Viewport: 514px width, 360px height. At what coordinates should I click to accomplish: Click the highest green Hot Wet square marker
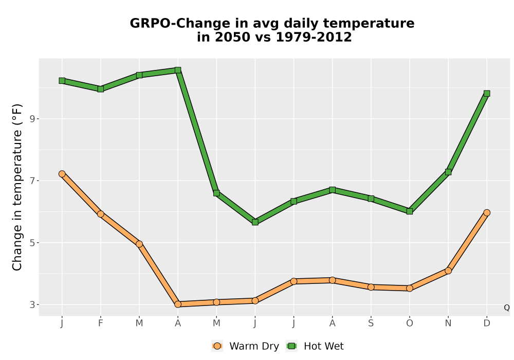[x=178, y=70]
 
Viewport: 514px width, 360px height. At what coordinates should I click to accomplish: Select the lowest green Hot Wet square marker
[x=255, y=222]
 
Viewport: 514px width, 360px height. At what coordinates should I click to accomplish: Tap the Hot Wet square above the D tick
[x=487, y=94]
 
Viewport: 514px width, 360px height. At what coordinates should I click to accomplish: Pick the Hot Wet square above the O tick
[x=410, y=211]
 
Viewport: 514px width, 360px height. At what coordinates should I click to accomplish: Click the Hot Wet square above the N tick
[x=448, y=172]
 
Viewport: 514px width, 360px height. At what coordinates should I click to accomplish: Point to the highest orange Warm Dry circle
[x=62, y=174]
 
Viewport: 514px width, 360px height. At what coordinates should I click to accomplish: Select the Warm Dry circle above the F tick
[x=101, y=214]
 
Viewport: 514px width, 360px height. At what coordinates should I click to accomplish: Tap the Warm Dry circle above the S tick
[x=371, y=287]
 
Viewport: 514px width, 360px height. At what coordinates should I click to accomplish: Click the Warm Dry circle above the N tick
[x=448, y=271]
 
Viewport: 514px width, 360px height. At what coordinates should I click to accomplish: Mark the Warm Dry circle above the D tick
[x=487, y=212]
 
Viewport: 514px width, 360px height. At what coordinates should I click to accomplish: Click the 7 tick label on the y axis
[x=32, y=181]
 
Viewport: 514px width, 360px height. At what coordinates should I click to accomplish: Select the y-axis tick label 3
[x=32, y=304]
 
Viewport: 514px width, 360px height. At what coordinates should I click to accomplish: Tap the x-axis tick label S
[x=371, y=323]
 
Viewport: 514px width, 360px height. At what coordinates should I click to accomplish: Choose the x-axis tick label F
[x=101, y=323]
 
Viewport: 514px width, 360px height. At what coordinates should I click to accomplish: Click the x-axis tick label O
[x=410, y=323]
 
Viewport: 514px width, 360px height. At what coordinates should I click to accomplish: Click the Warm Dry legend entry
[x=245, y=346]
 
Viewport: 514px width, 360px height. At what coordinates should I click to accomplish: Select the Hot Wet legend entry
[x=315, y=346]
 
